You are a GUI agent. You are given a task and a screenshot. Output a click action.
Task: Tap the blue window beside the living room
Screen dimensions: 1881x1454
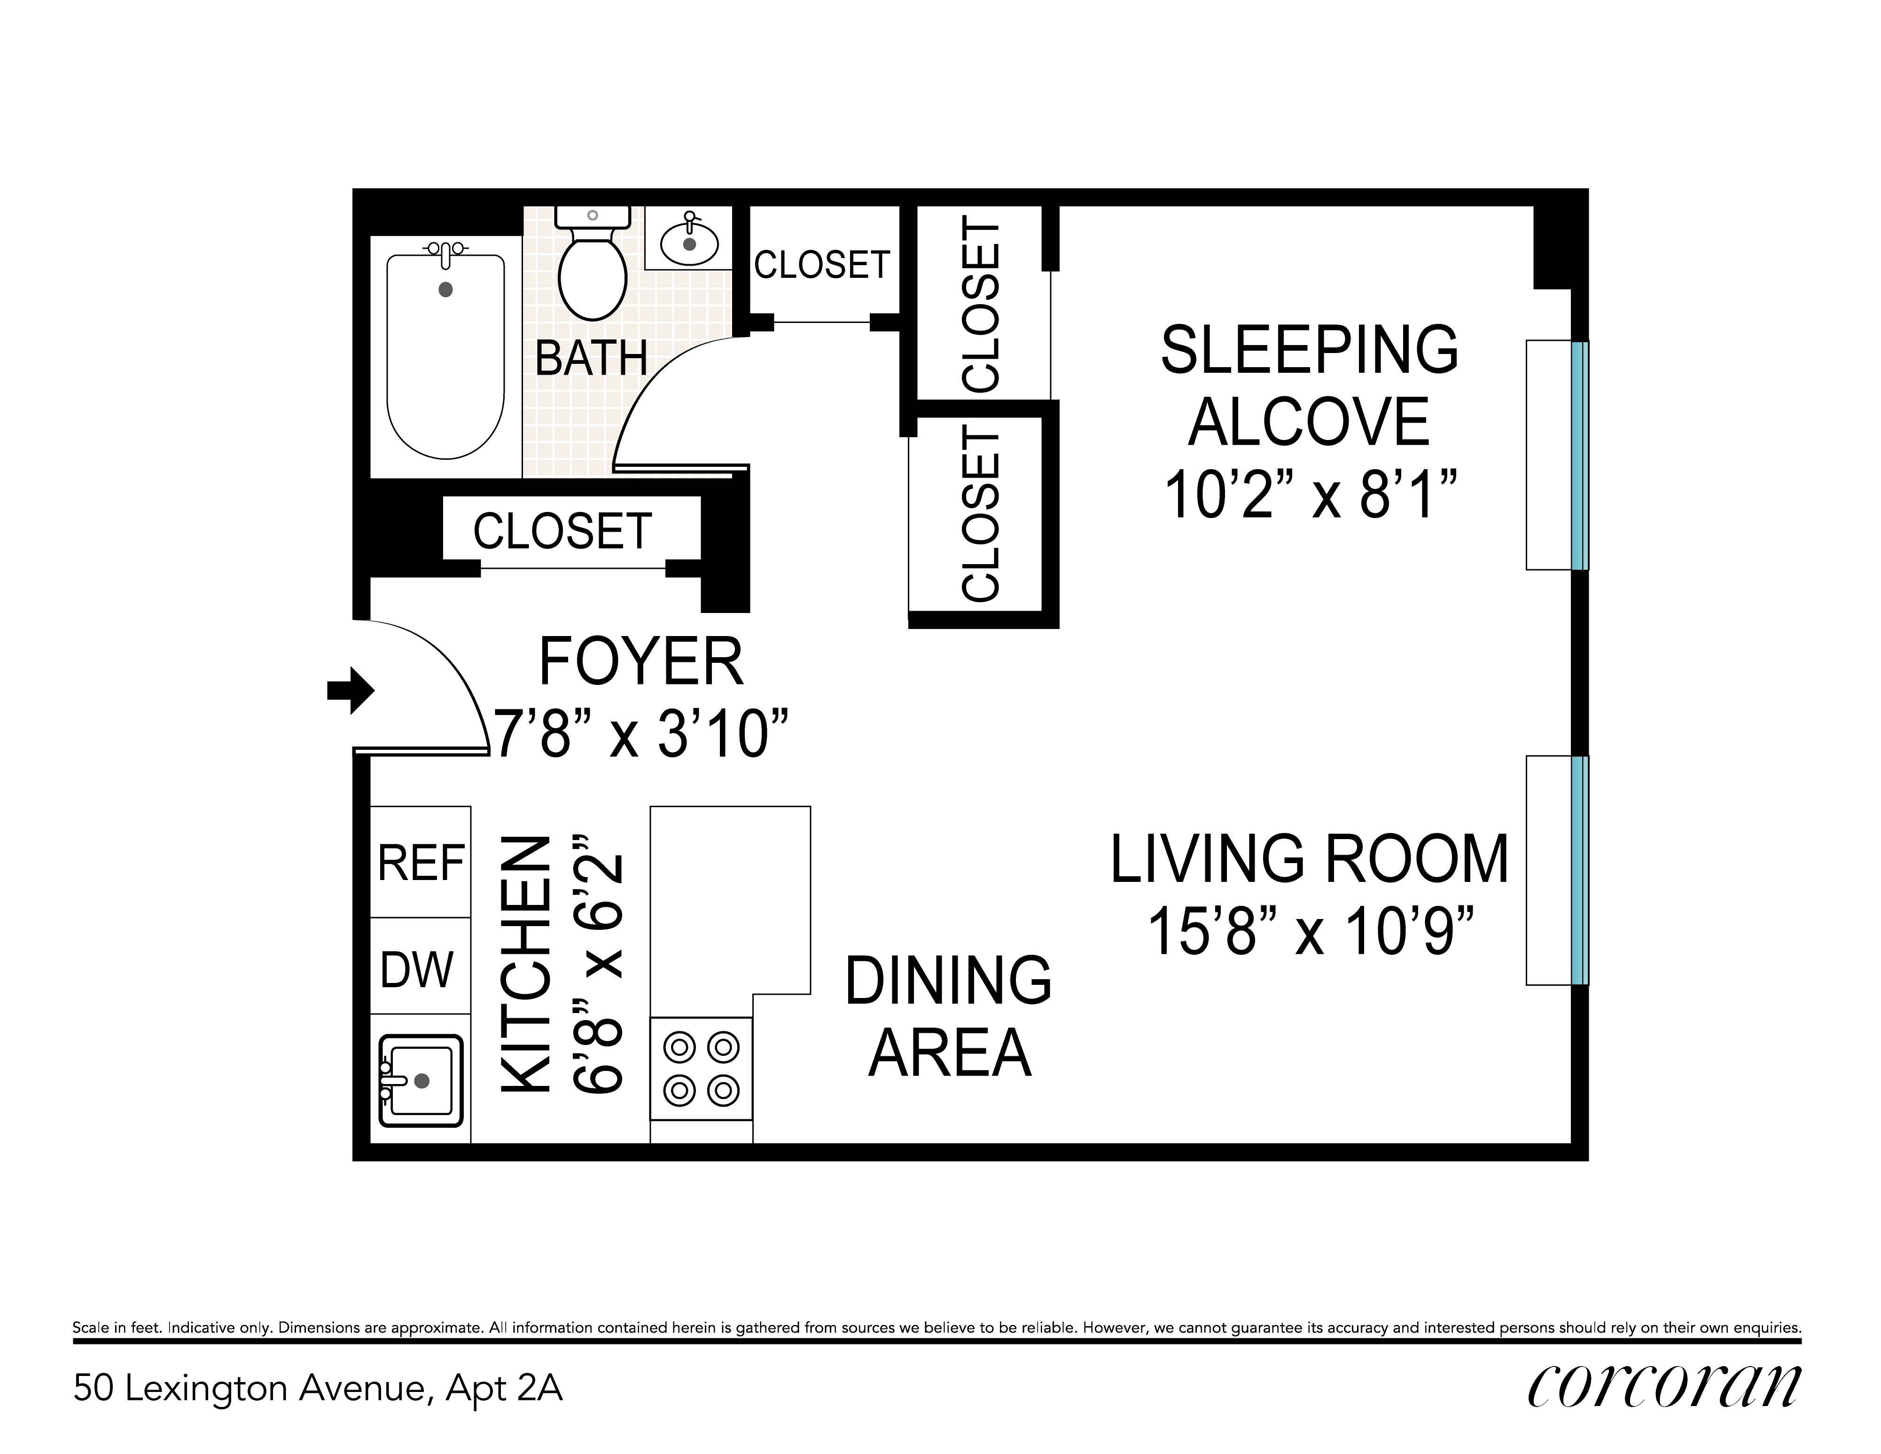click(x=1579, y=870)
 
